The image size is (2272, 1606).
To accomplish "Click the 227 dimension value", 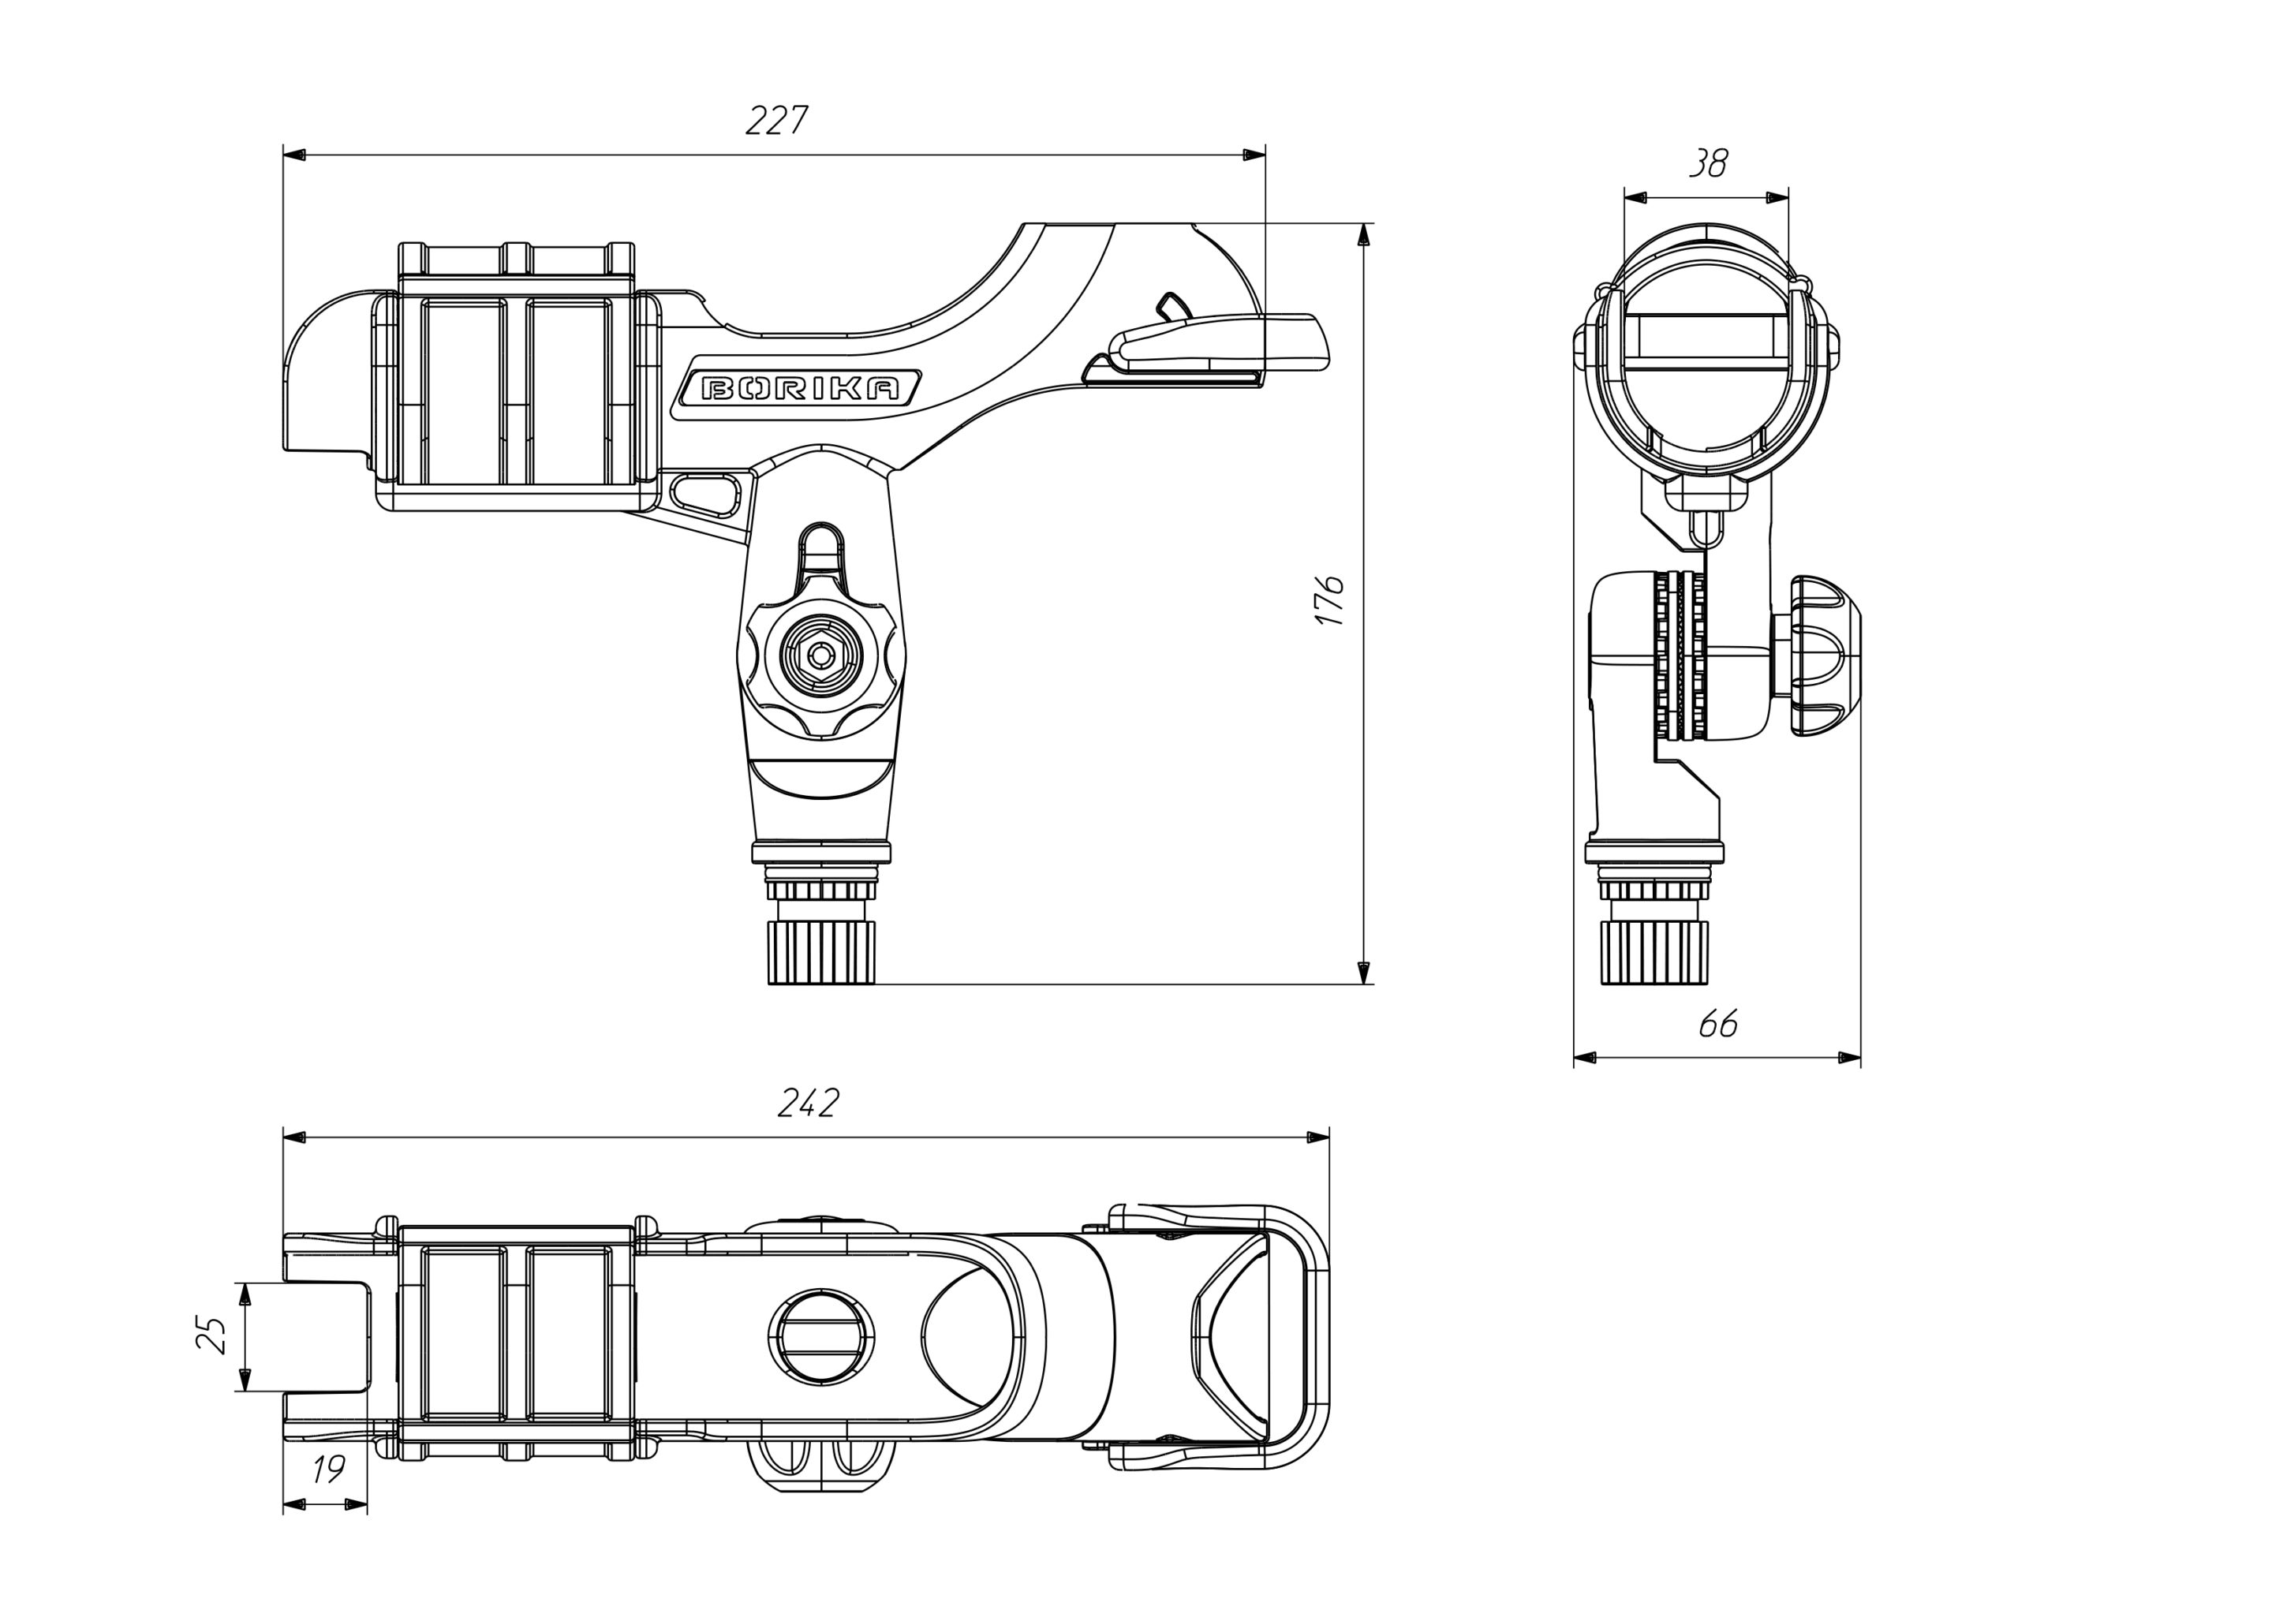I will [x=777, y=121].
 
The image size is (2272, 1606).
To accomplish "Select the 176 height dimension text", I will [x=1329, y=599].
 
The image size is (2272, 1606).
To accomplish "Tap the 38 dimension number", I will [x=1708, y=163].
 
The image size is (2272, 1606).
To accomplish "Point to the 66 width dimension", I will [x=1718, y=1024].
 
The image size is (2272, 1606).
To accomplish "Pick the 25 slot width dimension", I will [x=211, y=1335].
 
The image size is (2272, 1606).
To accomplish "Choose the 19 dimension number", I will [x=327, y=1470].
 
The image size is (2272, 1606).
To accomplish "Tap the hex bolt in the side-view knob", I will [x=820, y=654].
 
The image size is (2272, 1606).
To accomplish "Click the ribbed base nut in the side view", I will [x=821, y=951].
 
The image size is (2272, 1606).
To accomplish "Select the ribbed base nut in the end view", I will [x=1654, y=951].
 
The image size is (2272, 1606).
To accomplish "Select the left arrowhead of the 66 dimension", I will [x=1585, y=1058].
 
